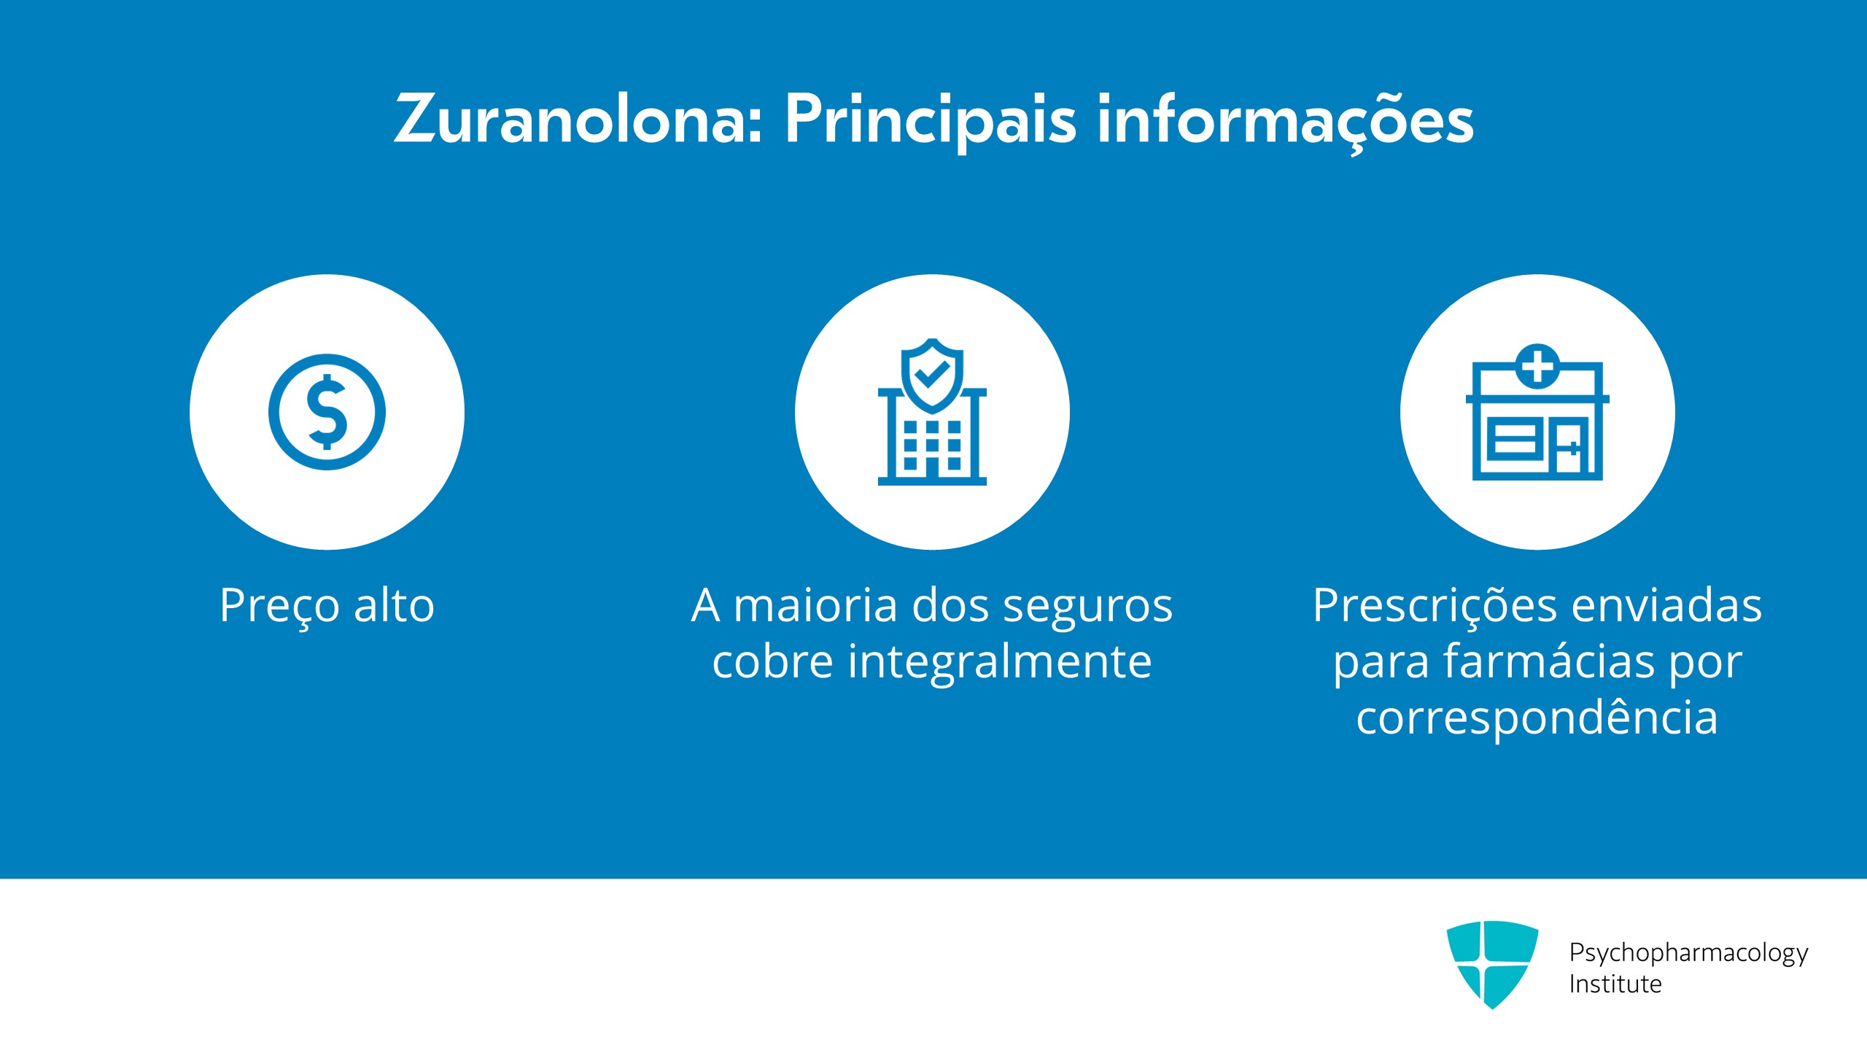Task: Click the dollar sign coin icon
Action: (327, 412)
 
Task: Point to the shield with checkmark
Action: (932, 375)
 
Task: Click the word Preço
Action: (280, 607)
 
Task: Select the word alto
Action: (394, 605)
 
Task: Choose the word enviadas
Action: (1666, 605)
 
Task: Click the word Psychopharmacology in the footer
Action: (1688, 954)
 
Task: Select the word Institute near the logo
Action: (1615, 984)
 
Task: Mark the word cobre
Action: (772, 661)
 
